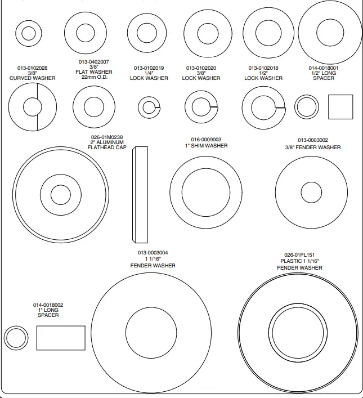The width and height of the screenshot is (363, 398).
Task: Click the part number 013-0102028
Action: (33, 68)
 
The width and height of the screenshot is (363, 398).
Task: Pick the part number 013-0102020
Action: (201, 68)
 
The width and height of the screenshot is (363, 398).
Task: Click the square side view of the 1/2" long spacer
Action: (340, 107)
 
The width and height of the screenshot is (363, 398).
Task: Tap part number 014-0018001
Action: (324, 68)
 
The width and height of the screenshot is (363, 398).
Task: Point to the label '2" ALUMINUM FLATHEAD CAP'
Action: (107, 145)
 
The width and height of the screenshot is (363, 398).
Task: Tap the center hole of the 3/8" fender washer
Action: (311, 190)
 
